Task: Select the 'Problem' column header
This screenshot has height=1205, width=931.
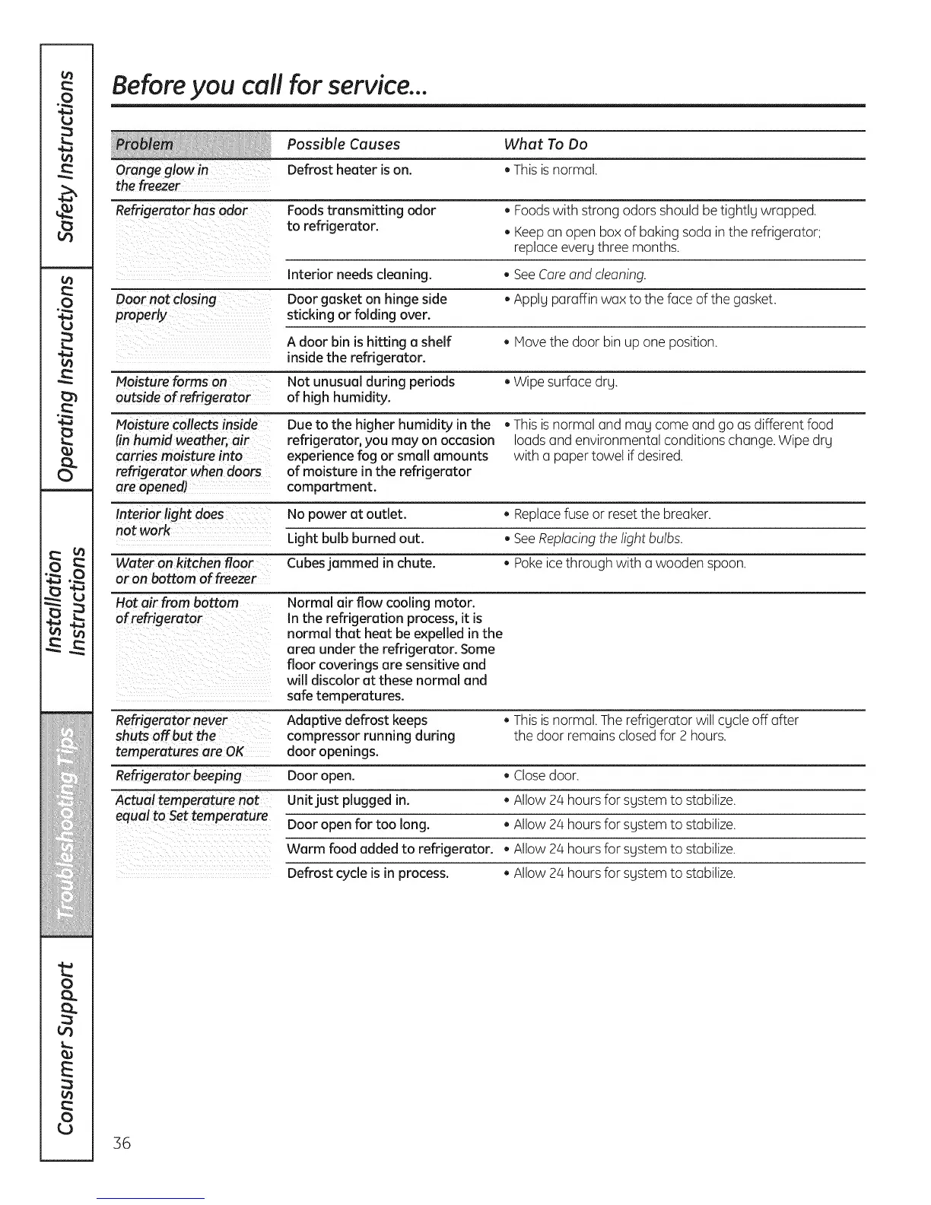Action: pyautogui.click(x=144, y=145)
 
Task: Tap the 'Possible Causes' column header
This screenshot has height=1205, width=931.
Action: pyautogui.click(x=343, y=145)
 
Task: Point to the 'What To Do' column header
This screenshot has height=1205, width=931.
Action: pyautogui.click(x=545, y=145)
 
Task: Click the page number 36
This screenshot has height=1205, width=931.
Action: pyautogui.click(x=122, y=1143)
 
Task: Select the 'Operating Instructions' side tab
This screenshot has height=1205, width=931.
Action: pyautogui.click(x=67, y=380)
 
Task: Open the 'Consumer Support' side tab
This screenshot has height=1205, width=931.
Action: pyautogui.click(x=67, y=1050)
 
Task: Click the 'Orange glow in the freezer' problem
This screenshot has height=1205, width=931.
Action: pyautogui.click(x=161, y=178)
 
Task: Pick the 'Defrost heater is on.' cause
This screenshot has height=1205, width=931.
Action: pyautogui.click(x=349, y=170)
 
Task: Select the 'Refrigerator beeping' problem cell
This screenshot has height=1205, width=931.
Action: pyautogui.click(x=178, y=775)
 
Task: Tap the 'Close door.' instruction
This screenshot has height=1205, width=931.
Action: pyautogui.click(x=545, y=776)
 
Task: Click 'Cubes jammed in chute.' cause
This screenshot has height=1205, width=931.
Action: pyautogui.click(x=361, y=563)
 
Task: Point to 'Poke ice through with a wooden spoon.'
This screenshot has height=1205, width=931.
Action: pyautogui.click(x=629, y=564)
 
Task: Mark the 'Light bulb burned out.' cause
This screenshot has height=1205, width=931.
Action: pyautogui.click(x=355, y=539)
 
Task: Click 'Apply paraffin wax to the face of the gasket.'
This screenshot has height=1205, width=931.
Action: pyautogui.click(x=644, y=300)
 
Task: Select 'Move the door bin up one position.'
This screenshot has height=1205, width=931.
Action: pyautogui.click(x=615, y=342)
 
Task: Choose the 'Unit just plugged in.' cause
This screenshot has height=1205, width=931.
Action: pyautogui.click(x=348, y=800)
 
